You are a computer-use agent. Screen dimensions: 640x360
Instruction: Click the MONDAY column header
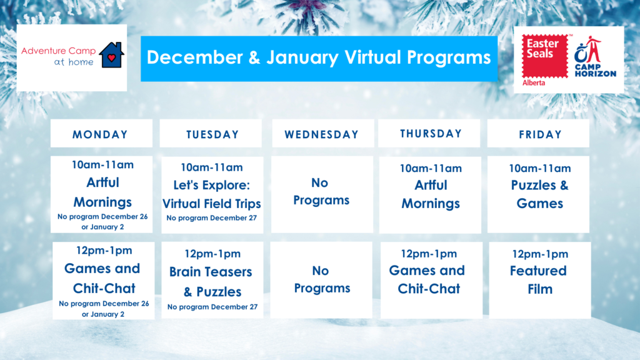click(x=101, y=134)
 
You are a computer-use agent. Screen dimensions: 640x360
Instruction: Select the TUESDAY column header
click(x=211, y=134)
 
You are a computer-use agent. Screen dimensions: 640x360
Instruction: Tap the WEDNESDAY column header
click(x=323, y=134)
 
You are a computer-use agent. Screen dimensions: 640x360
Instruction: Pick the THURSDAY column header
click(x=429, y=134)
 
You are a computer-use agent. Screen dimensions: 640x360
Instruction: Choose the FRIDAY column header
click(x=538, y=134)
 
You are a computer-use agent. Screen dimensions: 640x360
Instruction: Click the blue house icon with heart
click(x=111, y=55)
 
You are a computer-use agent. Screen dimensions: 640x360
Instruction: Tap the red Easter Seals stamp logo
click(x=545, y=56)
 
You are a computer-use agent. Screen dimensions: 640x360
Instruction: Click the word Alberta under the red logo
click(x=534, y=83)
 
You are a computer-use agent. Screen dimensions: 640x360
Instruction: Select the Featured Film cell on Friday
click(x=540, y=280)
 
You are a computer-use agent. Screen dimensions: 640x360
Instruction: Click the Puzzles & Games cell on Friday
click(x=538, y=194)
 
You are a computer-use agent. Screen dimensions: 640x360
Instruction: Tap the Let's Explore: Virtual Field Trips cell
click(x=212, y=195)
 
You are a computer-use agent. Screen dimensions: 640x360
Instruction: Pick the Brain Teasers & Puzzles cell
click(x=212, y=280)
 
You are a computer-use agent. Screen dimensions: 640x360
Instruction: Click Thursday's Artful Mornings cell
click(x=430, y=195)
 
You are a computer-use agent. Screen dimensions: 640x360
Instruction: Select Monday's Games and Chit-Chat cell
click(x=103, y=281)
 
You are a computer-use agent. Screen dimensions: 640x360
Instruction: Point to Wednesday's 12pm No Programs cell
click(x=321, y=280)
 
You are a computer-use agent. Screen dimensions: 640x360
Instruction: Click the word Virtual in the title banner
click(x=372, y=57)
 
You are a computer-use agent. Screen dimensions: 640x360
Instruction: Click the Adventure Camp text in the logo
click(x=58, y=51)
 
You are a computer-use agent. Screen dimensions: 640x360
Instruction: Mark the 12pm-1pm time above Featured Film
click(x=540, y=254)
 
